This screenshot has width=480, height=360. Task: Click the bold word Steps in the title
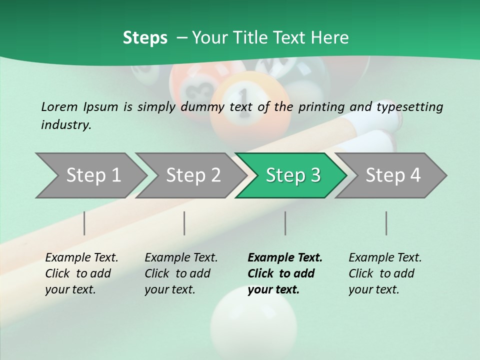[x=145, y=38]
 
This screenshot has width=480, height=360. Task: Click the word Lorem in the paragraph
[x=59, y=106]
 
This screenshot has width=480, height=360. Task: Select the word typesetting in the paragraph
[x=409, y=106]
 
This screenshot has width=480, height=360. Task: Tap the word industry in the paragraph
[x=66, y=125]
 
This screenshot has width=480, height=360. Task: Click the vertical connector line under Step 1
[x=84, y=223]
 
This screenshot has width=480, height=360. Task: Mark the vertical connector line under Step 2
[x=184, y=223]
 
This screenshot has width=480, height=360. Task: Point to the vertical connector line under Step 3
[x=285, y=223]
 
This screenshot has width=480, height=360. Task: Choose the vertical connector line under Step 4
[x=386, y=223]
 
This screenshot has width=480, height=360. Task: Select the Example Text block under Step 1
[x=81, y=273]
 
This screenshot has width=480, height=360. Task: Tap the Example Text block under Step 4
[x=385, y=273]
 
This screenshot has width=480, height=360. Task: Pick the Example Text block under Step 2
[x=181, y=273]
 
